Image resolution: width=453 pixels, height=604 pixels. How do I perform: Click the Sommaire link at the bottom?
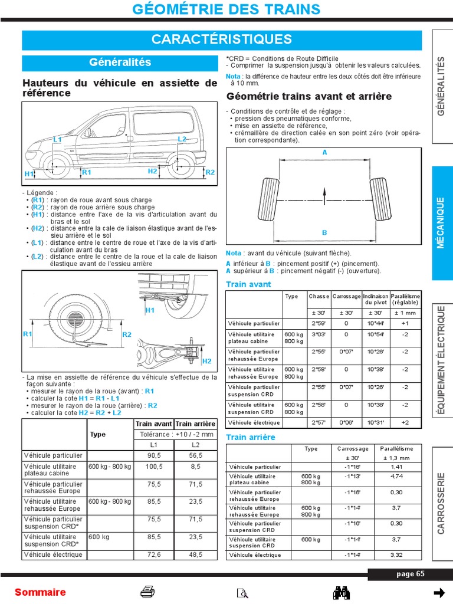click(40, 592)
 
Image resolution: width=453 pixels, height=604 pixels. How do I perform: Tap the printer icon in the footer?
click(147, 592)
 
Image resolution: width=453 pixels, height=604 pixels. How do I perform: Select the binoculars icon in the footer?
click(343, 592)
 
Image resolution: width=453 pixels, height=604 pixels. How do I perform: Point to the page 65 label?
click(410, 575)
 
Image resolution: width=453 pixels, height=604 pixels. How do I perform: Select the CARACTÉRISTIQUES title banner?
click(222, 40)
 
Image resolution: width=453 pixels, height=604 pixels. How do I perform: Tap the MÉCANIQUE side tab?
click(441, 222)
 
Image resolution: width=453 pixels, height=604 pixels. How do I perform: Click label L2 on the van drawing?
click(182, 139)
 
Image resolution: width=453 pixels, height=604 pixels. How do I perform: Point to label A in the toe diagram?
click(324, 152)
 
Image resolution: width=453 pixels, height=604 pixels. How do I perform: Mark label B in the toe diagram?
click(324, 233)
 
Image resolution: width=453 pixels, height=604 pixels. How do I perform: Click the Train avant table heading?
click(248, 284)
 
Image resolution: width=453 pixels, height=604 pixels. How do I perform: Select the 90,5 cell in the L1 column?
click(154, 456)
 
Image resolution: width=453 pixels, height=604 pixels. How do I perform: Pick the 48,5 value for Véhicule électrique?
click(196, 554)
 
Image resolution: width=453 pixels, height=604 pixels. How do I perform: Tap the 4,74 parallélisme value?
click(396, 476)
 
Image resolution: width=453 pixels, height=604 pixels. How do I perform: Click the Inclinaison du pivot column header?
click(376, 299)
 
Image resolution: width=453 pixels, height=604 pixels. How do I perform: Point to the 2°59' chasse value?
click(319, 323)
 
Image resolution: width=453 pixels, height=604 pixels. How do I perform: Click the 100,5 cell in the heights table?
click(154, 467)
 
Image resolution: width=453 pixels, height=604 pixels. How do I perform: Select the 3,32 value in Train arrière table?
click(396, 555)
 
